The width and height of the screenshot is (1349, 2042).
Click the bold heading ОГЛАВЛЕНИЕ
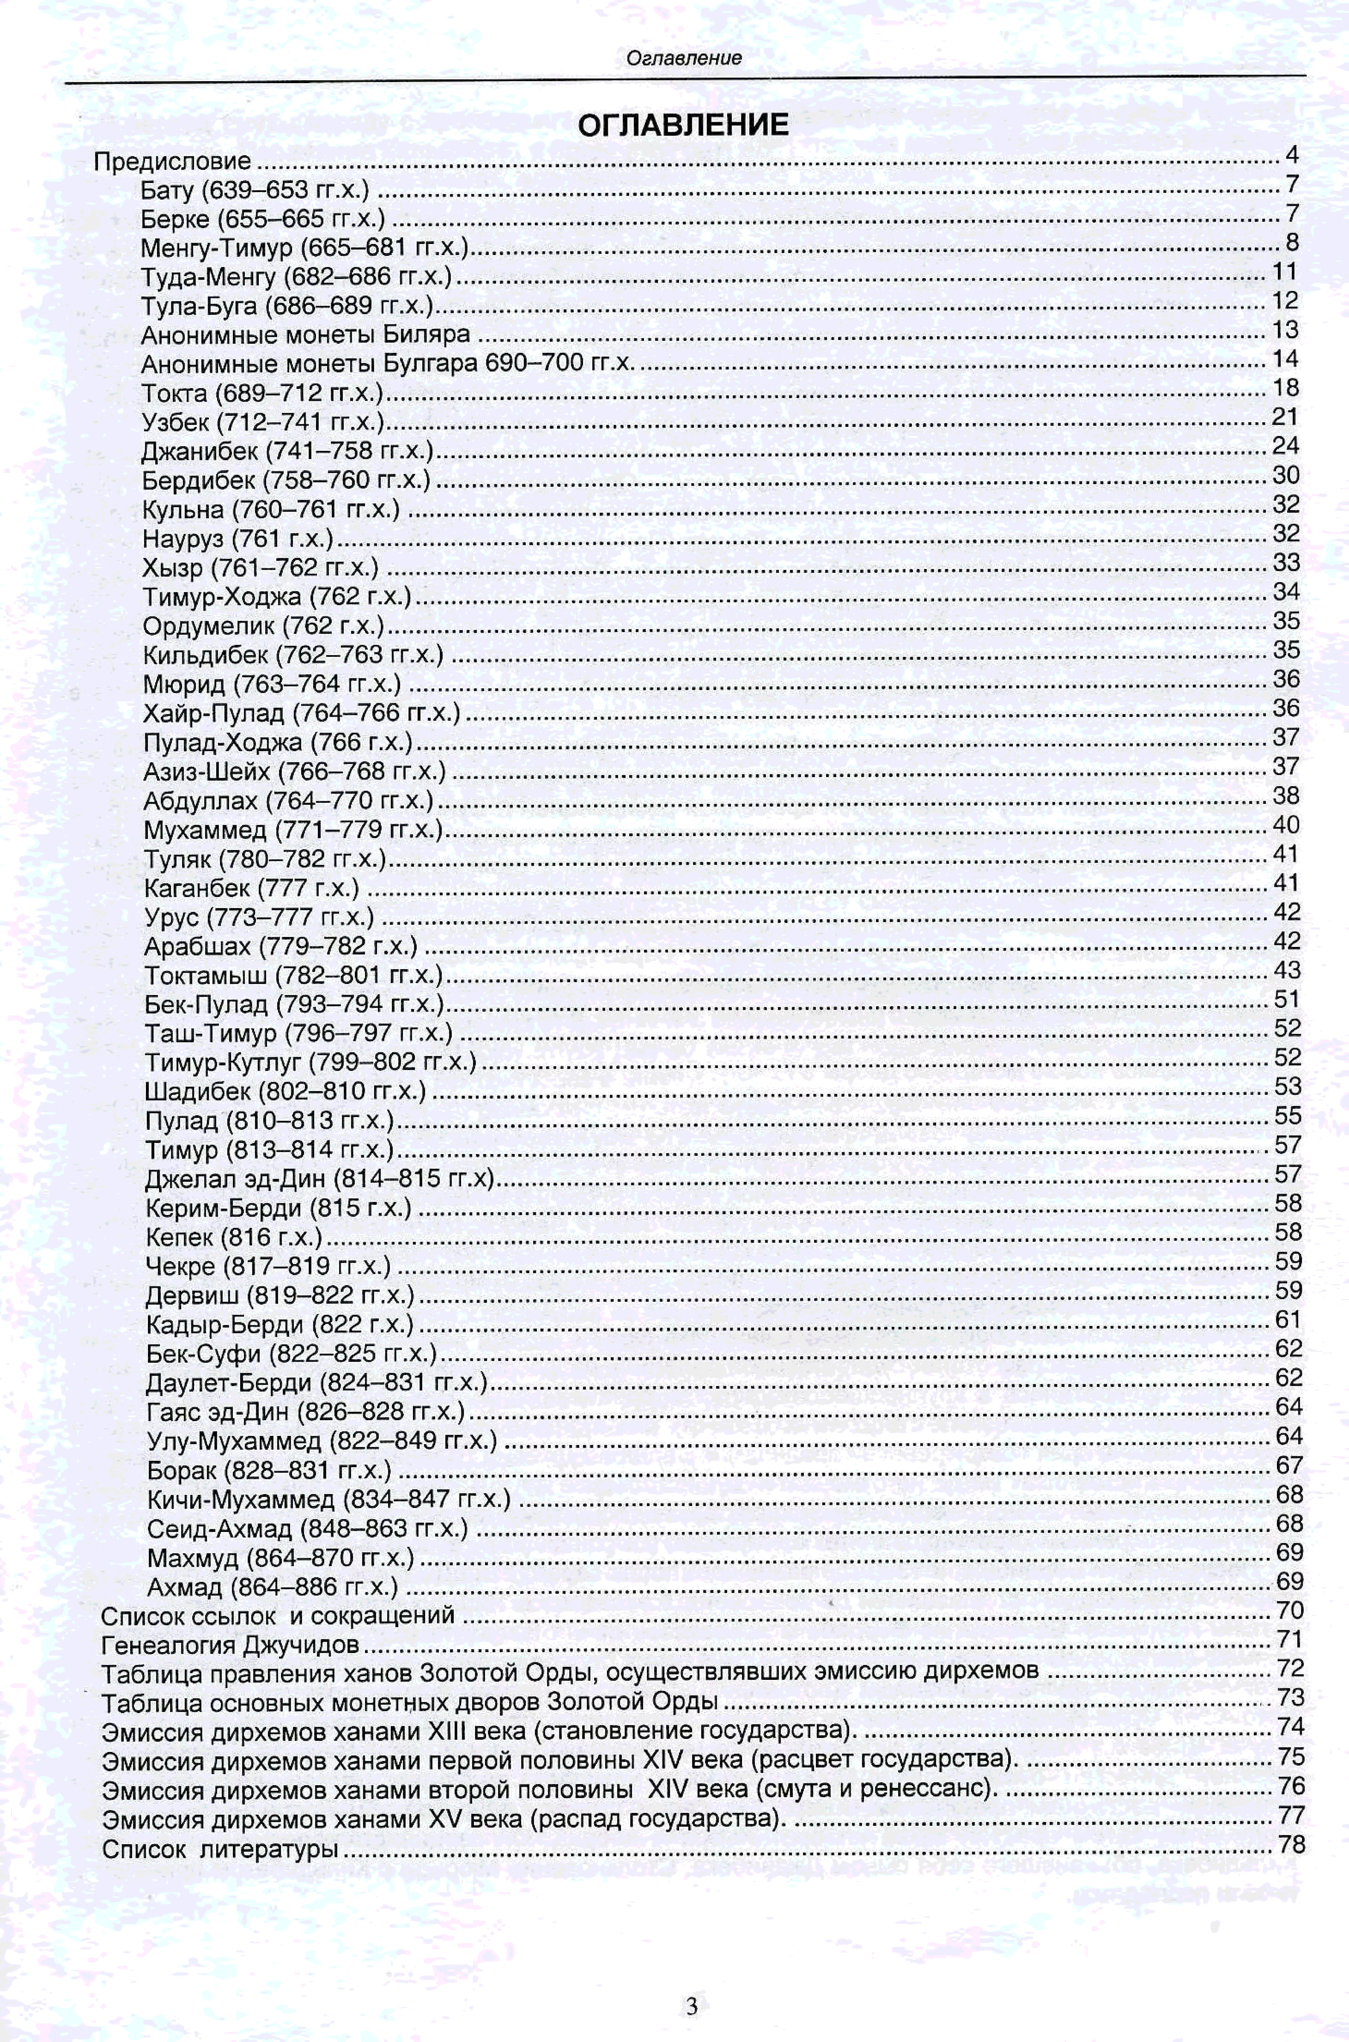(x=683, y=126)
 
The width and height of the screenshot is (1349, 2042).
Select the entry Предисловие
(x=172, y=161)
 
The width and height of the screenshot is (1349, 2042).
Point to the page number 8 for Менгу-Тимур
(x=1291, y=243)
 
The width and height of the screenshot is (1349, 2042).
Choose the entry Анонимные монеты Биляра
(x=305, y=335)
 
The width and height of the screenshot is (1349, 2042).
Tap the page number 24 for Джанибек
(x=1285, y=446)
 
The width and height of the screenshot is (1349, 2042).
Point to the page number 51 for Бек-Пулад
(x=1287, y=999)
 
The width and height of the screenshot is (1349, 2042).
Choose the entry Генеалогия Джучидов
(x=230, y=1645)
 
